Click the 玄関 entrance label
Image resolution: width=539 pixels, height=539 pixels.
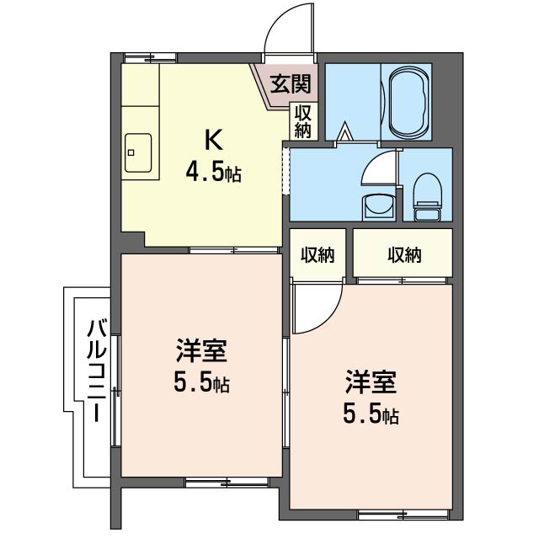(x=290, y=83)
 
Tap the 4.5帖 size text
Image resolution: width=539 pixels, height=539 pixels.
(x=214, y=174)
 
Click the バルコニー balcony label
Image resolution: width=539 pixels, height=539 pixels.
(x=96, y=370)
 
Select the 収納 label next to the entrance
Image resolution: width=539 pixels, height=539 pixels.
(x=303, y=120)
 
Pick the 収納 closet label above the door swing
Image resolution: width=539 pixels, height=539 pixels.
(x=318, y=255)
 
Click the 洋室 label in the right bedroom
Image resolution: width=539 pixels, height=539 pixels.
(x=370, y=381)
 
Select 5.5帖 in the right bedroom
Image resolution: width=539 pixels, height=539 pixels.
(x=370, y=414)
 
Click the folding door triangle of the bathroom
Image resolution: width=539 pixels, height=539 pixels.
(x=344, y=131)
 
